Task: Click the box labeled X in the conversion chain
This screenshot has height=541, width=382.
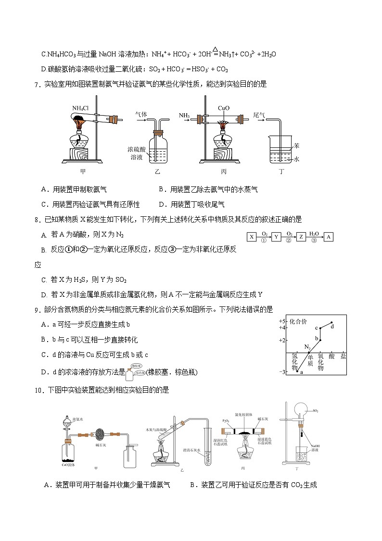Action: [252, 237]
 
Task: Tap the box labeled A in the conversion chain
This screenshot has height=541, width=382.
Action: [328, 237]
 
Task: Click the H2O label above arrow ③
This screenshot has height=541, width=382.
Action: [314, 233]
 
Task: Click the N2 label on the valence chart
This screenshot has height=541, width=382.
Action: [307, 346]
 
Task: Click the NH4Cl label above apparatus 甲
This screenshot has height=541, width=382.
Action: [80, 107]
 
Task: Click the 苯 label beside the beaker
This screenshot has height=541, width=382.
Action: [297, 145]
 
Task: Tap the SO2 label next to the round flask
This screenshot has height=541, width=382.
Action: [316, 411]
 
